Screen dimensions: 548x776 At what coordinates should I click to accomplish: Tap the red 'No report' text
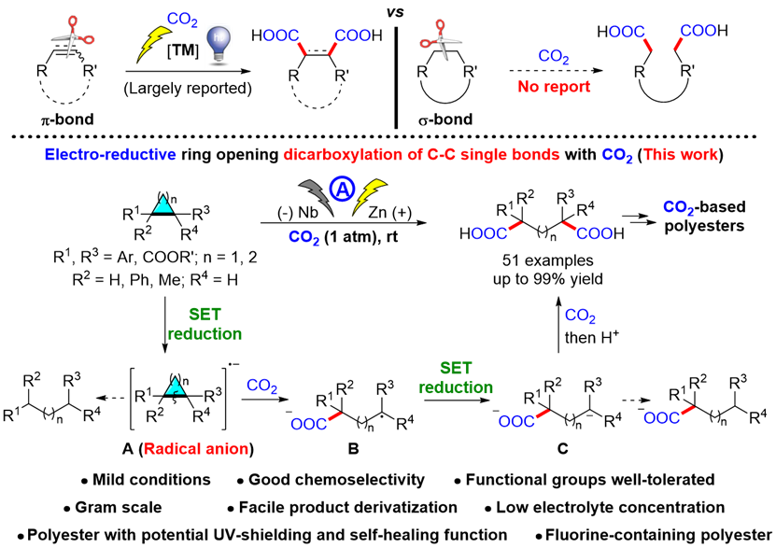(x=555, y=87)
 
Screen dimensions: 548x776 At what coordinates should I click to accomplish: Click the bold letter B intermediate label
(x=353, y=448)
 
